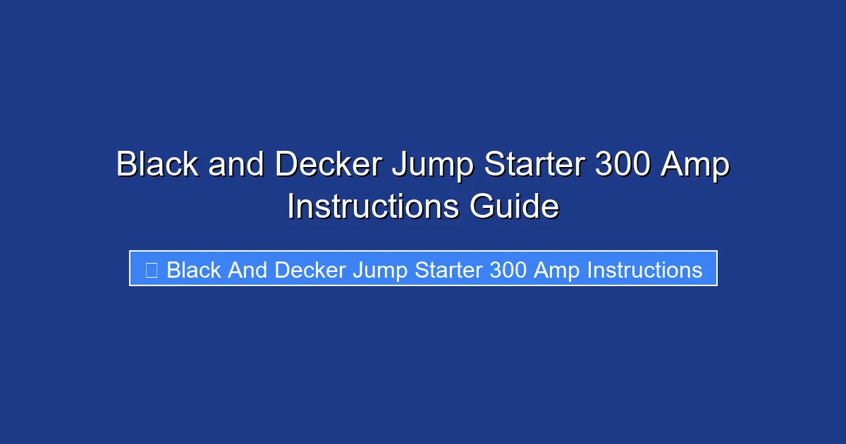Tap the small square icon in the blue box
pos(151,270)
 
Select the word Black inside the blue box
pos(194,270)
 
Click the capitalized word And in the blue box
pos(247,270)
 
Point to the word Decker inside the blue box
pos(310,270)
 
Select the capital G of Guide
pos(481,207)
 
